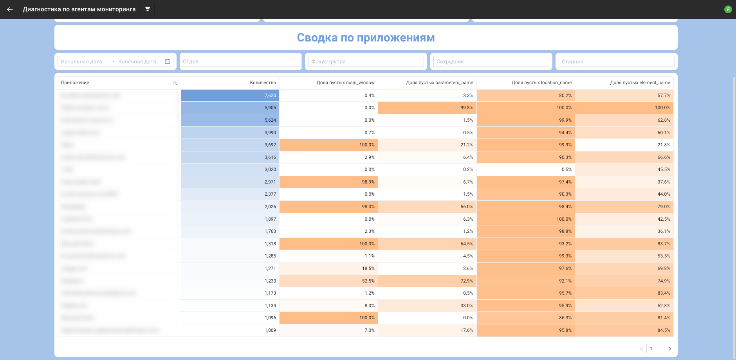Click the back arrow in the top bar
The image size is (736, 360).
pyautogui.click(x=10, y=9)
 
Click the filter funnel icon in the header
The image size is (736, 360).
pyautogui.click(x=148, y=9)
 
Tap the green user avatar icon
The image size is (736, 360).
pyautogui.click(x=728, y=9)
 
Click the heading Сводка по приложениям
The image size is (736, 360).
pyautogui.click(x=366, y=38)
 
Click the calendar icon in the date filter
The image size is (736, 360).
pyautogui.click(x=168, y=61)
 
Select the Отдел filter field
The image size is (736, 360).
pyautogui.click(x=240, y=61)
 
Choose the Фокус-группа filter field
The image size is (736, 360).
pyautogui.click(x=366, y=61)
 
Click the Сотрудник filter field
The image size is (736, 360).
pyautogui.click(x=491, y=61)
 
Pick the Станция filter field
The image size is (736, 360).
pyautogui.click(x=616, y=61)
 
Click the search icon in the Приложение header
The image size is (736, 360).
pyautogui.click(x=175, y=83)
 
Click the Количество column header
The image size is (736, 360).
pyautogui.click(x=263, y=83)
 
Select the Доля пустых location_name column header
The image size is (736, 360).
pyautogui.click(x=541, y=83)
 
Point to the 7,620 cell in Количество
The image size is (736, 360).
pyautogui.click(x=270, y=95)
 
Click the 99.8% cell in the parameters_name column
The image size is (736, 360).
pyautogui.click(x=467, y=108)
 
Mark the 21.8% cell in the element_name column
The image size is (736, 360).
pyautogui.click(x=664, y=145)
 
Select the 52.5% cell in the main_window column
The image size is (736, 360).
pyautogui.click(x=368, y=281)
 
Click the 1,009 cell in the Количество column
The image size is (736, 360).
pyautogui.click(x=270, y=330)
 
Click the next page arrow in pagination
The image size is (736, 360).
pyautogui.click(x=670, y=349)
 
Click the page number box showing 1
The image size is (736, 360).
pyautogui.click(x=655, y=349)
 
